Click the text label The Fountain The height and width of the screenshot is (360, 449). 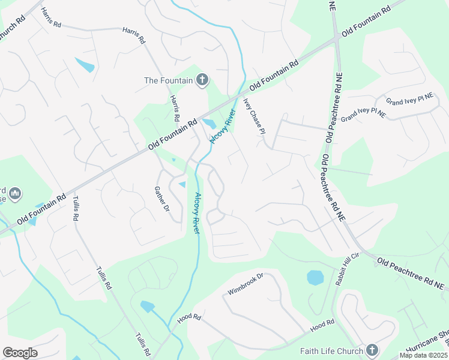pos(168,80)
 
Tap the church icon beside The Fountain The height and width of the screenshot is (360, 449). pos(202,80)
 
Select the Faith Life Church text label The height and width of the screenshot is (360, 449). pos(333,351)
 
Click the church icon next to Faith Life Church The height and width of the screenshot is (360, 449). pos(372,350)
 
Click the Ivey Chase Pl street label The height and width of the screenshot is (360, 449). pos(254,116)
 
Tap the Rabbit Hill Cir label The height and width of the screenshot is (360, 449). pos(342,272)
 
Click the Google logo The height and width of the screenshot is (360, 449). pos(20,353)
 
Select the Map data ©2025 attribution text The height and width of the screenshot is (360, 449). pos(424,355)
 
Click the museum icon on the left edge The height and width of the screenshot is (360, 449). pos(14,194)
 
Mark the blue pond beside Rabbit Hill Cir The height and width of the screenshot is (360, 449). pos(315,277)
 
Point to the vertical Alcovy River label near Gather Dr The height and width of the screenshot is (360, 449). pos(197,209)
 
